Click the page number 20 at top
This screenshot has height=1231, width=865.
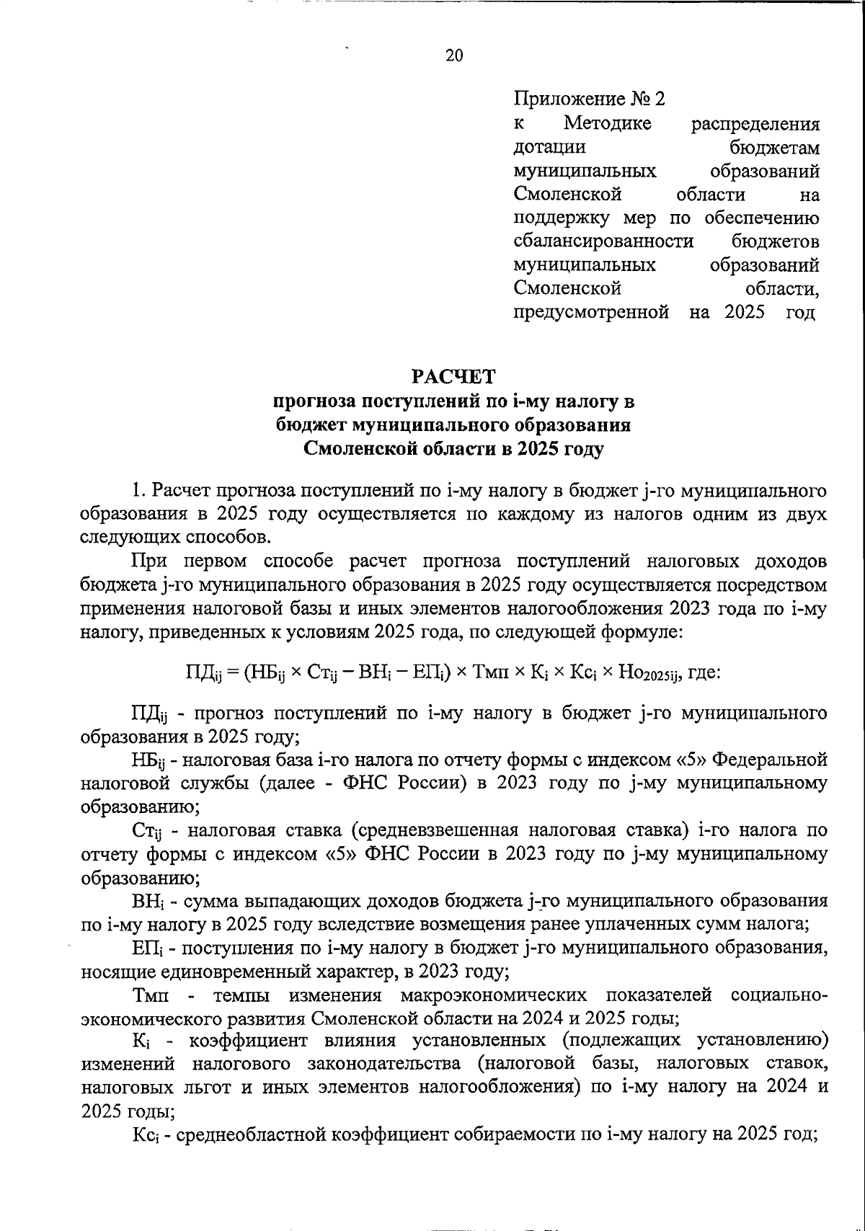tap(454, 55)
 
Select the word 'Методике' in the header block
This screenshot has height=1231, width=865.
tap(607, 123)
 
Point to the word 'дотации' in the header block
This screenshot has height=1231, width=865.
tap(549, 147)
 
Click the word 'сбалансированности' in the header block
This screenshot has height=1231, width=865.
tap(603, 241)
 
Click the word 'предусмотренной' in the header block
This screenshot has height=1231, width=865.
tap(591, 312)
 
